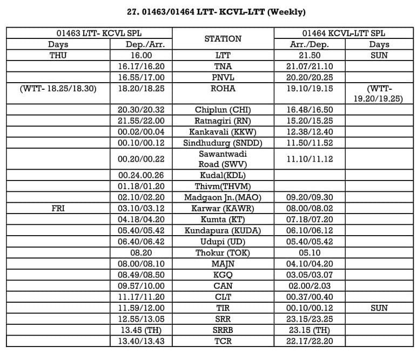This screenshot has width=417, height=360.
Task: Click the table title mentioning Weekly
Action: [208, 11]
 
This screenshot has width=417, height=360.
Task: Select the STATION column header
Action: [223, 38]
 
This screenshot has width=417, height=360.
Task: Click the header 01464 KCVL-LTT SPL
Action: [344, 33]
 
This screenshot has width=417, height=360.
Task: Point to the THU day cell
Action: [58, 55]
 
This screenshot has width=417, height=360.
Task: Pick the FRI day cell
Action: [58, 208]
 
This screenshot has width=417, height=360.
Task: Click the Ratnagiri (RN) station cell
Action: [223, 121]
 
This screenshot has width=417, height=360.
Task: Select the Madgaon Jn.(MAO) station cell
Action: [223, 197]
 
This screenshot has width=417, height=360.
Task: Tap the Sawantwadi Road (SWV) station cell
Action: [223, 158]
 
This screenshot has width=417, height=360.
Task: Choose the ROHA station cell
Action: [223, 88]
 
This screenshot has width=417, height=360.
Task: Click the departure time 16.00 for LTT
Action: [142, 55]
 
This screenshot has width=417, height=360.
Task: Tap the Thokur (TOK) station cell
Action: [223, 252]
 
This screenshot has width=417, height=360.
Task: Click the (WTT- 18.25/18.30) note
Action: [58, 88]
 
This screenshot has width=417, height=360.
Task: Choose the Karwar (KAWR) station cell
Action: [223, 208]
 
